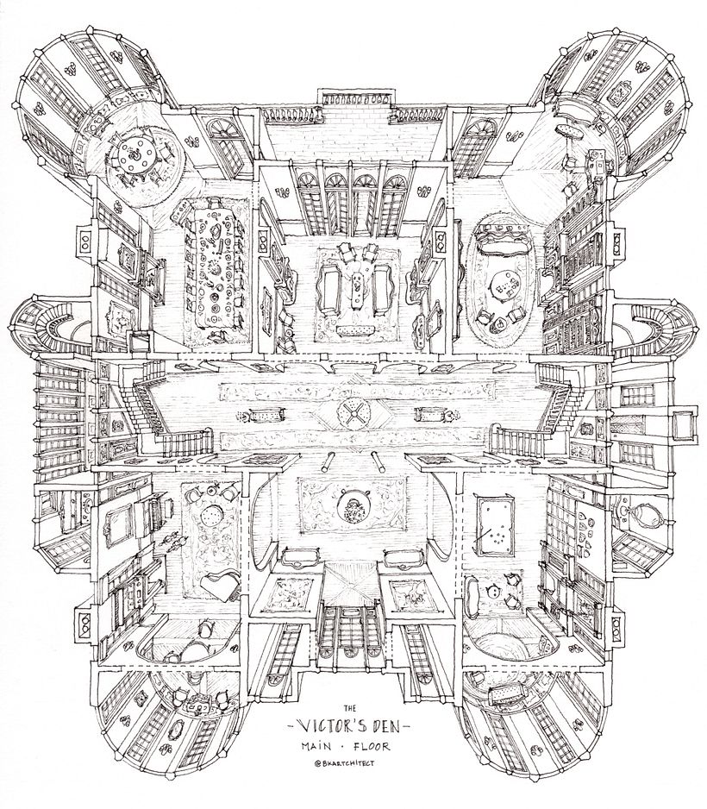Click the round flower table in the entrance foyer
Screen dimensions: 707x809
(353, 508)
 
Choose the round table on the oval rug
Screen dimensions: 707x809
(504, 285)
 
